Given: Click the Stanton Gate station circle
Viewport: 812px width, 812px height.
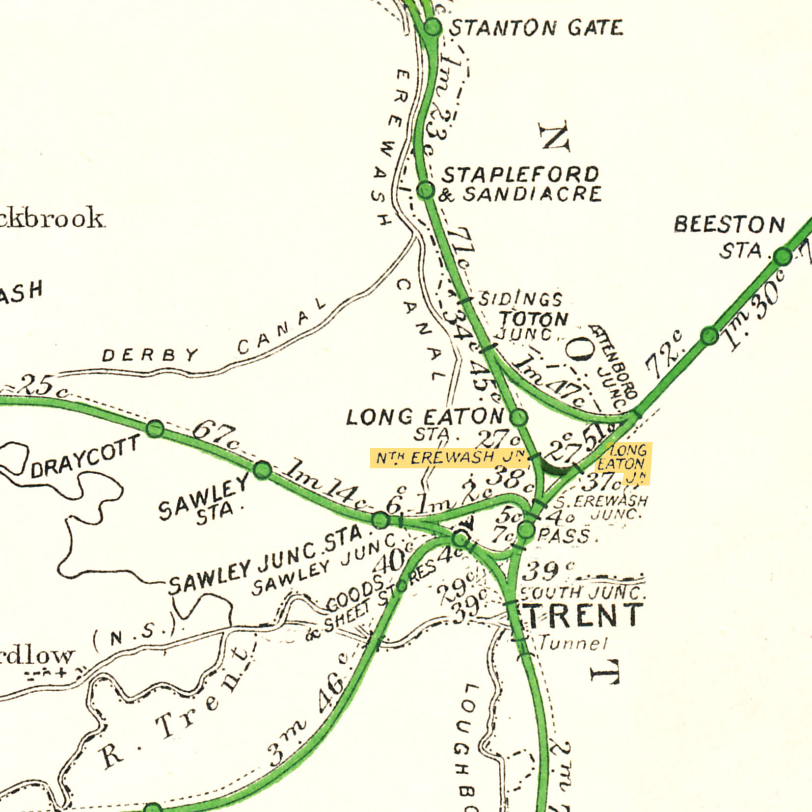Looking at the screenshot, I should tap(432, 27).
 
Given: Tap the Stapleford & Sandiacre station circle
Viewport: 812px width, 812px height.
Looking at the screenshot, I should tap(426, 190).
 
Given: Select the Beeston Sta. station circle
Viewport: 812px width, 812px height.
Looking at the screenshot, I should tap(783, 256).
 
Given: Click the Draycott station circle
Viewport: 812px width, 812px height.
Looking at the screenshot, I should tap(155, 429).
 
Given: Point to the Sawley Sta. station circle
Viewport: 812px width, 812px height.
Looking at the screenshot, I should tap(263, 469).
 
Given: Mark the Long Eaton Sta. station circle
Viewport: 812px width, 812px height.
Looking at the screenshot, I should tap(519, 417).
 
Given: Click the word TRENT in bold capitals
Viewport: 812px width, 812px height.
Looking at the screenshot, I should tap(584, 615).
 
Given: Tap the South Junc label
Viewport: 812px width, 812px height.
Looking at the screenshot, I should tap(582, 593).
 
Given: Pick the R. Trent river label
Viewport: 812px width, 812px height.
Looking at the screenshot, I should tap(177, 707).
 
